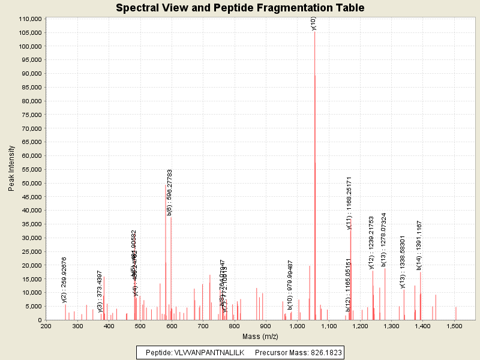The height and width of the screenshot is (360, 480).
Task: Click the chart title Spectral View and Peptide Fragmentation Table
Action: [x=240, y=8]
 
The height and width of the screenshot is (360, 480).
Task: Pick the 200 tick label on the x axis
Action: [x=46, y=326]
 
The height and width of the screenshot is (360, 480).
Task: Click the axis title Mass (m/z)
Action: [x=251, y=337]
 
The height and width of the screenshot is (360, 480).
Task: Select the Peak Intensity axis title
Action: [x=11, y=169]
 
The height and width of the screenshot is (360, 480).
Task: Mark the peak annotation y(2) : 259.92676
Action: [x=64, y=280]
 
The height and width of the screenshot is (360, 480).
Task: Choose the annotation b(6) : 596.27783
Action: [x=170, y=192]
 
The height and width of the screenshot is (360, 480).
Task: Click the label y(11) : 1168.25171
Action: [x=349, y=203]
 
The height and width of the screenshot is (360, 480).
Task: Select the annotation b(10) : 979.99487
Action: [x=290, y=285]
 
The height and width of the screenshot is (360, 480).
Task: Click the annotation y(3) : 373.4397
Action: [x=100, y=291]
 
